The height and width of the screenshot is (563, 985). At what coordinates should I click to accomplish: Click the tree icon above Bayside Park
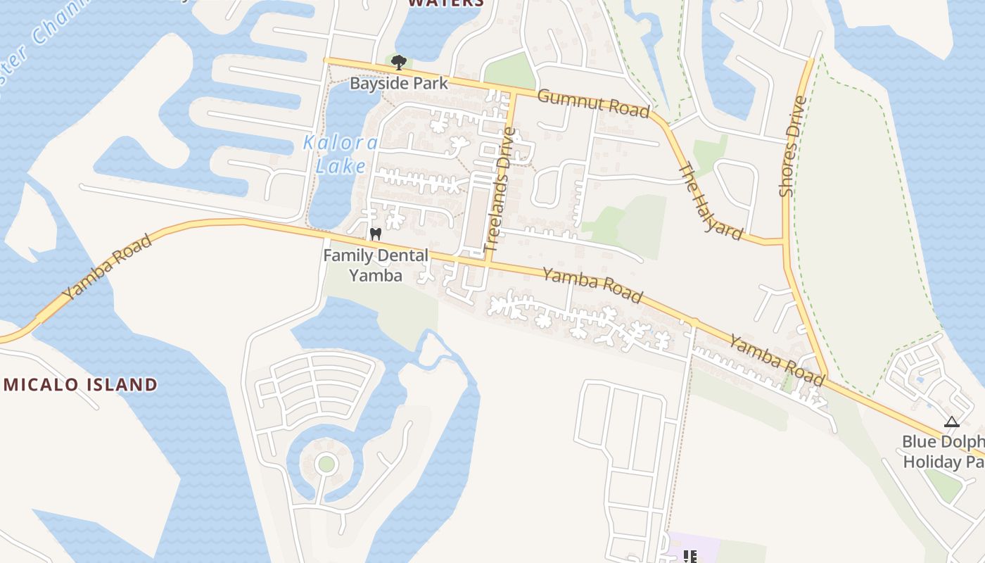[x=398, y=62]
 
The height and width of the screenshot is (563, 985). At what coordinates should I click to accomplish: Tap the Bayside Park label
[x=399, y=83]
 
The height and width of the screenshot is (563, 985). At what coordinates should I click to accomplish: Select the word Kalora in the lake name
[x=341, y=143]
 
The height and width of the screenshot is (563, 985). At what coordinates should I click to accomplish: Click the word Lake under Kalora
[x=341, y=166]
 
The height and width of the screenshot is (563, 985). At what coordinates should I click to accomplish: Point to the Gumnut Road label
[x=592, y=103]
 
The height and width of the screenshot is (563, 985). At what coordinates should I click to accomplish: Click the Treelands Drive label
[x=500, y=189]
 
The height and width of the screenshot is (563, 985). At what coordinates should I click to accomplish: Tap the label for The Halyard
[x=710, y=201]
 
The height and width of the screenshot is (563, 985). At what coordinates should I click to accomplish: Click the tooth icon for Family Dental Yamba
[x=375, y=234]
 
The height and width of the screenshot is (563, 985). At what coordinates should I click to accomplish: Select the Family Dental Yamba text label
[x=376, y=265]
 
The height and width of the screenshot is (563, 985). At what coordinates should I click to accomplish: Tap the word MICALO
[x=42, y=384]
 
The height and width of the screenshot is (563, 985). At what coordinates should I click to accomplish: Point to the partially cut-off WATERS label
[x=446, y=3]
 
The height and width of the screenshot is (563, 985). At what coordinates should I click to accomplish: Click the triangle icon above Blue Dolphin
[x=951, y=422]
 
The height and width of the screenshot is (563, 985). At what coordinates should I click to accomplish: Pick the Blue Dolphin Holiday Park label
[x=943, y=451]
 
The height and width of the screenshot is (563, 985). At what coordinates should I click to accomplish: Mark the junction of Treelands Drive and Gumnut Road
[x=514, y=94]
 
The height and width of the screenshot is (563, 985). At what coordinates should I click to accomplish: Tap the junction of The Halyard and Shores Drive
[x=784, y=241]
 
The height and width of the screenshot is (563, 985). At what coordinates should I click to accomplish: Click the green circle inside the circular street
[x=326, y=464]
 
